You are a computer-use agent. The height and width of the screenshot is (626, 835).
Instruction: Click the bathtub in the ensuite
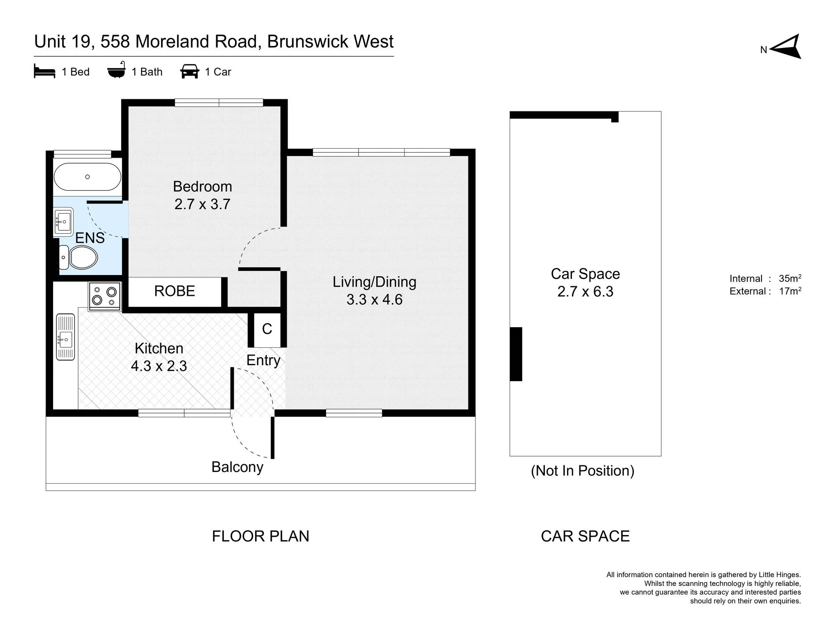click(88, 177)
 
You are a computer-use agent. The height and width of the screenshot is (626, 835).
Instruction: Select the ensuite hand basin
click(64, 221)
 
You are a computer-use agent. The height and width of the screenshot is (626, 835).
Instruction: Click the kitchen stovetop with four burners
click(104, 296)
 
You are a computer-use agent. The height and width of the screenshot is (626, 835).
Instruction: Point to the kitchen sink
click(66, 337)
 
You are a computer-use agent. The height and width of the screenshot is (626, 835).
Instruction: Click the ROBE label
click(175, 291)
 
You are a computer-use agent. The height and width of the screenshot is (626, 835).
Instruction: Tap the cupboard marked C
click(267, 329)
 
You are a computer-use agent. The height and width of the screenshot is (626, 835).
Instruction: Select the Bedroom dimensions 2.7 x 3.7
click(202, 204)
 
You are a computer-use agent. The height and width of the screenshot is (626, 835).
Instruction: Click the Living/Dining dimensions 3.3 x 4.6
click(374, 299)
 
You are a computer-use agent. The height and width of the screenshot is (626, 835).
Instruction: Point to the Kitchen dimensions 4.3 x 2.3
click(159, 366)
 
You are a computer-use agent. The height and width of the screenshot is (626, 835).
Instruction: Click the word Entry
click(263, 360)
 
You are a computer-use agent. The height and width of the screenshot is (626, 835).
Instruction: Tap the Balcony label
click(238, 467)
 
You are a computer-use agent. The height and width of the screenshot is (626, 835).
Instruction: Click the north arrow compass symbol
click(785, 47)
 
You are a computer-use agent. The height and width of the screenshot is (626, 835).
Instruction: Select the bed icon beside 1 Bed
click(45, 71)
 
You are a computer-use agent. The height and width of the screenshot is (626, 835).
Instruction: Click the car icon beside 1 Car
click(190, 71)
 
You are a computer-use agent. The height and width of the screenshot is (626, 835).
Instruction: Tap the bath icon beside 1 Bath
click(116, 70)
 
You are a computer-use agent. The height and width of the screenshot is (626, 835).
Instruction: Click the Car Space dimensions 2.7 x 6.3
click(585, 291)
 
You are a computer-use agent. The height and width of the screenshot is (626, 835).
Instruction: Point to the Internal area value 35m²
click(790, 278)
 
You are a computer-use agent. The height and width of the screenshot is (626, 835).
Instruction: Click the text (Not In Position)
click(583, 471)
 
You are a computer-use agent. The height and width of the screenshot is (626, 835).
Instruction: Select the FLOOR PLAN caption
click(261, 536)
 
